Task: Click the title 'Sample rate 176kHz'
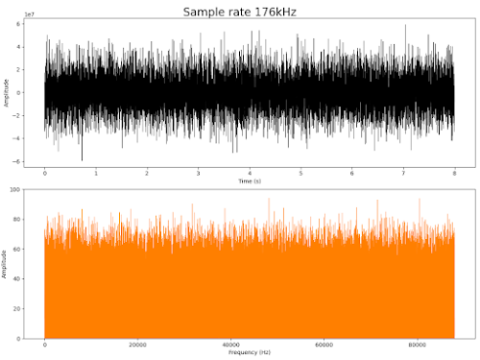tap(239, 12)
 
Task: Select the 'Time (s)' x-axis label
tap(249, 180)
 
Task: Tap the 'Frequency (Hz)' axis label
tap(249, 353)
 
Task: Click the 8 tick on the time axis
tap(454, 174)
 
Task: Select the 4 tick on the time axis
tap(250, 174)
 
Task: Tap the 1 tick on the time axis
tap(96, 174)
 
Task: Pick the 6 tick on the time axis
tap(351, 174)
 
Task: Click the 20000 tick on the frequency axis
tap(137, 346)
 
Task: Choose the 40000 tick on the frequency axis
tap(230, 346)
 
